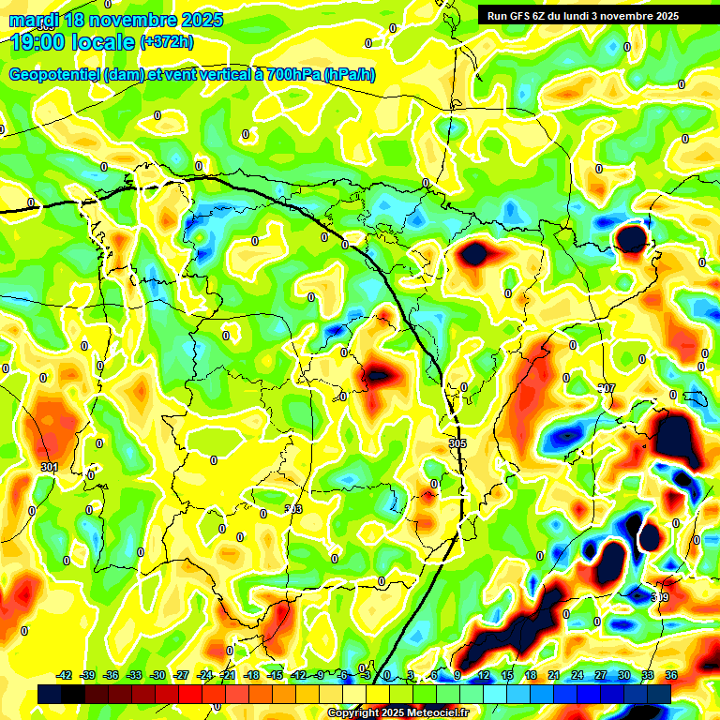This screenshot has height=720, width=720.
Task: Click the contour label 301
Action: click(x=50, y=467)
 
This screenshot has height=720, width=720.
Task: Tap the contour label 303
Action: click(x=293, y=509)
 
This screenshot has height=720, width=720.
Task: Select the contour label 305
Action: click(x=457, y=443)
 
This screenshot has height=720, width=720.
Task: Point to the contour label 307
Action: click(x=607, y=388)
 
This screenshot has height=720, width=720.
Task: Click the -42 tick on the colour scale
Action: click(x=65, y=675)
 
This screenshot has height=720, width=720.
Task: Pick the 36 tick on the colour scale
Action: click(x=671, y=675)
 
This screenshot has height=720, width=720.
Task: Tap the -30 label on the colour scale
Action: click(x=157, y=675)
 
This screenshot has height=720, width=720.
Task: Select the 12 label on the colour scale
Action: click(x=484, y=675)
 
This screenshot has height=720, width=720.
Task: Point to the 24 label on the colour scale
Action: click(x=577, y=675)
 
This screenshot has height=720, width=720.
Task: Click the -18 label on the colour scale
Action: click(x=251, y=675)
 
